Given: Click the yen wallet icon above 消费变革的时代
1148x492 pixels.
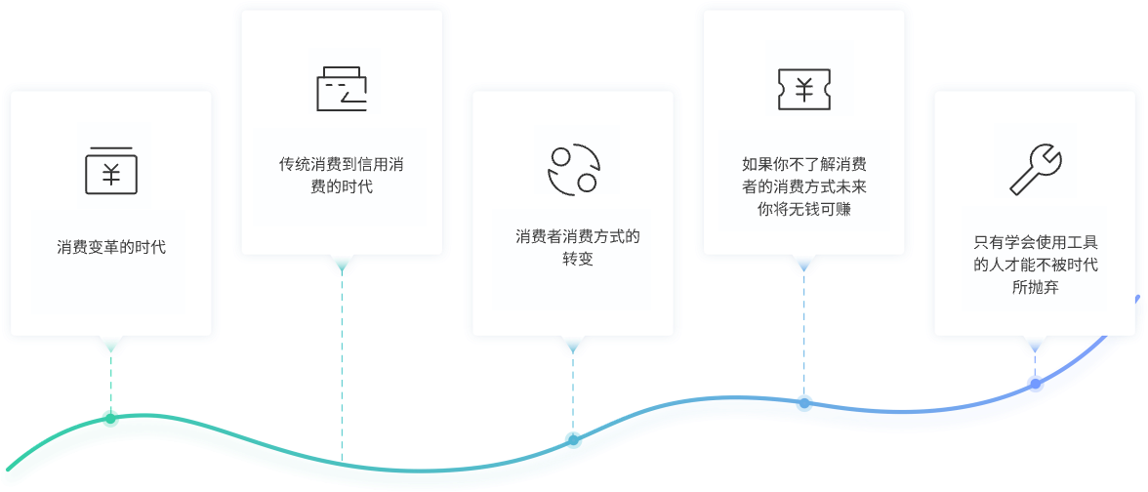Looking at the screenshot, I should point(110,170).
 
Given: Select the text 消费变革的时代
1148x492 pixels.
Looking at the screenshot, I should point(110,247).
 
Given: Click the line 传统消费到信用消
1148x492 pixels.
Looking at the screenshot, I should point(341,165).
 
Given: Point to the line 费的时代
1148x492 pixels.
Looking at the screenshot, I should point(341,186).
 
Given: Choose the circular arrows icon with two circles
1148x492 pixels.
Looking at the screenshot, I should point(572,169).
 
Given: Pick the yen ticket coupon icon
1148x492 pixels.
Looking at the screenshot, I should point(803,89).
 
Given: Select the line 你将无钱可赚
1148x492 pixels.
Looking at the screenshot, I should point(804,208).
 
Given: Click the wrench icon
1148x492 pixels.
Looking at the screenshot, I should point(1035,169).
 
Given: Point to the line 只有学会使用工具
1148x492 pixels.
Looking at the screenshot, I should point(1036,243).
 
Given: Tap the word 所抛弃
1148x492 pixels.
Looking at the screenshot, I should point(1036,287).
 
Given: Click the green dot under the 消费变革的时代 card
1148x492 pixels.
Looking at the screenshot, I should point(109,417).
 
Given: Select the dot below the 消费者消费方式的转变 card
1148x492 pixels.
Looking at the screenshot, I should point(573,439).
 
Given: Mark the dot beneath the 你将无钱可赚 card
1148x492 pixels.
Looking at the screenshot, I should point(804,400).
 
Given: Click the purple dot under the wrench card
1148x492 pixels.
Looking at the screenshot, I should point(1035,383).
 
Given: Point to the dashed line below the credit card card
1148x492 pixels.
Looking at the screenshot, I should point(342,361).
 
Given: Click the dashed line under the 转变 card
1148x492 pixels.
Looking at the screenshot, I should point(573,390).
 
